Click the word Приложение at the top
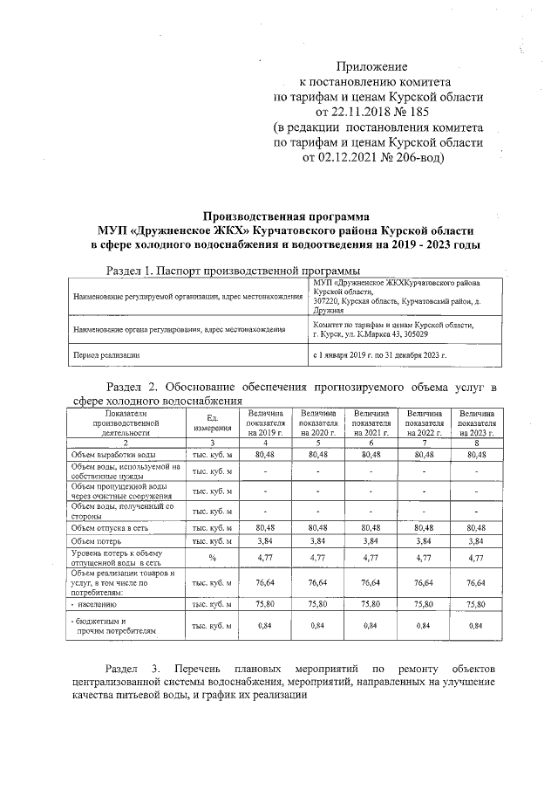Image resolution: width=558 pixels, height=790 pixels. click(372, 66)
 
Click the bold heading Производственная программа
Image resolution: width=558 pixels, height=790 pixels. click(286, 215)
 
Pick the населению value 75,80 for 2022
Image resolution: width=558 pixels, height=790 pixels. click(424, 602)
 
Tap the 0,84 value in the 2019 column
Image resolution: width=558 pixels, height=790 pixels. click(265, 625)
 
